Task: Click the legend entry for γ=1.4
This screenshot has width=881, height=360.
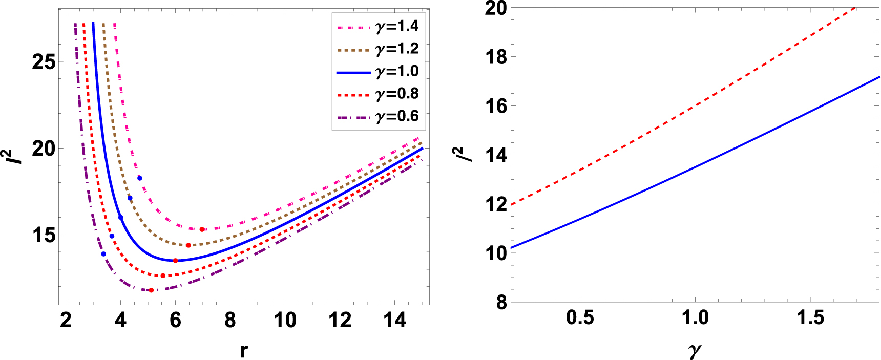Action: pos(379,26)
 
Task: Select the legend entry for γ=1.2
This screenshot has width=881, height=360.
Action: pos(379,49)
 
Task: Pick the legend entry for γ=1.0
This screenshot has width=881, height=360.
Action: pos(379,72)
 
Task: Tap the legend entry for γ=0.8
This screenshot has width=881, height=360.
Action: pos(379,94)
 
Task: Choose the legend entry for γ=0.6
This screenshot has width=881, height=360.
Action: pos(379,117)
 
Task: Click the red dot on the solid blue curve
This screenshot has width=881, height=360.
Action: pos(175,261)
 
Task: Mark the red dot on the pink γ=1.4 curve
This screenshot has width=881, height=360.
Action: pos(202,229)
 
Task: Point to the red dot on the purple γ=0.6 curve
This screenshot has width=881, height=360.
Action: pos(151,290)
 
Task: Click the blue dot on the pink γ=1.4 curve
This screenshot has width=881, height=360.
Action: pos(140,178)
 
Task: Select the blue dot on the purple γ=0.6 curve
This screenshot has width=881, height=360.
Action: pos(103,254)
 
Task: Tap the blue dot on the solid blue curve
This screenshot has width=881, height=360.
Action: pos(121,217)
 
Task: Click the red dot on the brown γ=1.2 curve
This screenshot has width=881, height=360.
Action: pos(188,245)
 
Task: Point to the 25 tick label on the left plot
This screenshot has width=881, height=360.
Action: pos(44,62)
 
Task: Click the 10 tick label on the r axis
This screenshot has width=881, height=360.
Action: pos(285,321)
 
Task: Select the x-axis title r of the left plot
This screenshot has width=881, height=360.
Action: pos(244,351)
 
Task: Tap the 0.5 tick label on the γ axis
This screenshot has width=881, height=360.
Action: pos(580,318)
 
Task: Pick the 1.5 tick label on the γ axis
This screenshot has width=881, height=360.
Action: pos(810,318)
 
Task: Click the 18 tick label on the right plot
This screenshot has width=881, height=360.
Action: pos(496,57)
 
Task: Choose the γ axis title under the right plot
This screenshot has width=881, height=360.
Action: pos(695,351)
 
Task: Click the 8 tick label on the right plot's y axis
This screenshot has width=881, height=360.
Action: pos(501,303)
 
